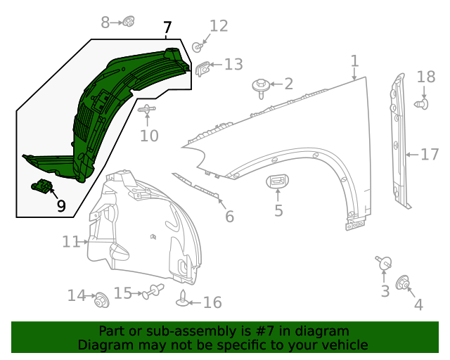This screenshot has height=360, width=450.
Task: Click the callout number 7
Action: point(167,29)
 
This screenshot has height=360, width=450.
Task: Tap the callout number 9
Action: point(61,206)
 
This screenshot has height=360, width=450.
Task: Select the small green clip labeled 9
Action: point(43,187)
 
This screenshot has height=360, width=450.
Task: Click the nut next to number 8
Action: point(129,22)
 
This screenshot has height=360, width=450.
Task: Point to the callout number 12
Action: point(219,26)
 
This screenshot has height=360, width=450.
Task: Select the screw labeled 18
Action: point(422,104)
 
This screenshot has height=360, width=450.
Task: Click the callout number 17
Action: point(429,154)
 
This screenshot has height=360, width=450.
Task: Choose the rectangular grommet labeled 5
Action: point(278,183)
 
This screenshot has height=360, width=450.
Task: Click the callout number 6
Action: point(229,217)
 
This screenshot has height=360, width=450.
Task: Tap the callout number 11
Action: point(70,242)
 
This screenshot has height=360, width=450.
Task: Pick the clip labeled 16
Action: point(183,300)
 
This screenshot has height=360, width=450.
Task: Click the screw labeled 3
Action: point(384,264)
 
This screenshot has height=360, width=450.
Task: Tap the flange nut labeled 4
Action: point(404,283)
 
